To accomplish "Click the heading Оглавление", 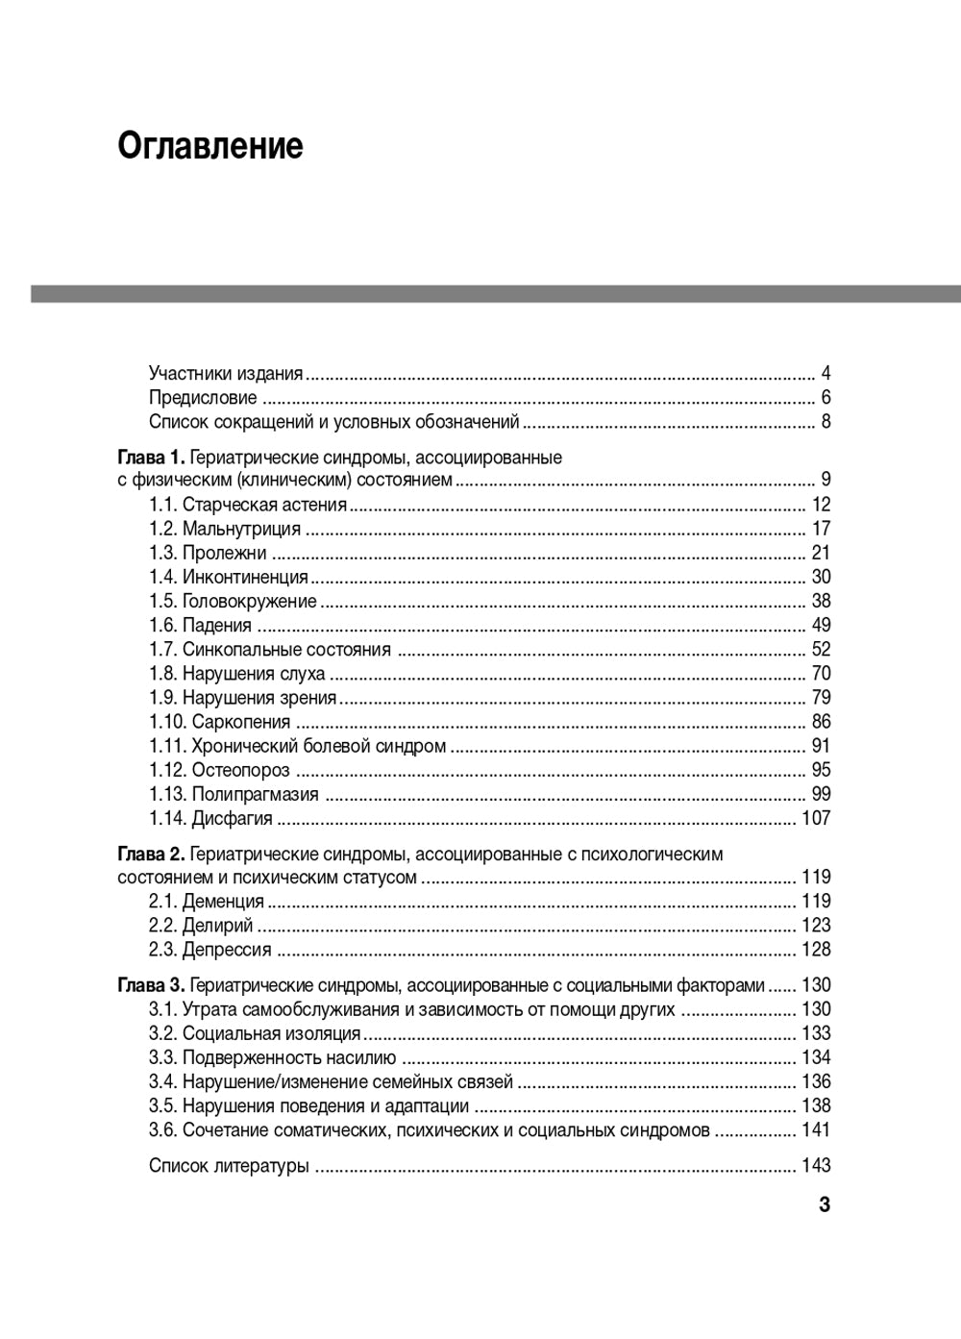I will (x=210, y=146).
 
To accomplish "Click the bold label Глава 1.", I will (x=151, y=457).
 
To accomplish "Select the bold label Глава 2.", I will (x=151, y=854).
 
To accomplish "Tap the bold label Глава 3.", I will (x=151, y=985).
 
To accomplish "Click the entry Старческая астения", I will (x=264, y=505).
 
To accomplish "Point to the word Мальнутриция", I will (x=241, y=529).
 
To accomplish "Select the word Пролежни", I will (x=224, y=553).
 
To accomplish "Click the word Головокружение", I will (x=249, y=602).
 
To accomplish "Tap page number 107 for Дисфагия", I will (x=816, y=819).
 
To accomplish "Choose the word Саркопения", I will (x=240, y=722).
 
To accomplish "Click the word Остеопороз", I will (x=240, y=770).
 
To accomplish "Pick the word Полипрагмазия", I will (x=255, y=794).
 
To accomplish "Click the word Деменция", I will (x=223, y=902).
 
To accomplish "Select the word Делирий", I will (x=217, y=926).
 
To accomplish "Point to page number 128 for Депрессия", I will (x=816, y=950).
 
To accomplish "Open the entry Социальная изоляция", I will (x=271, y=1033).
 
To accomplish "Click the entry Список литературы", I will (x=229, y=1166).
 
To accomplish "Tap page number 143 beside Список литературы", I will (x=816, y=1166).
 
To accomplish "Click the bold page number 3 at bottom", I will (x=824, y=1205).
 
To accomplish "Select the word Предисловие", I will (x=203, y=398).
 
